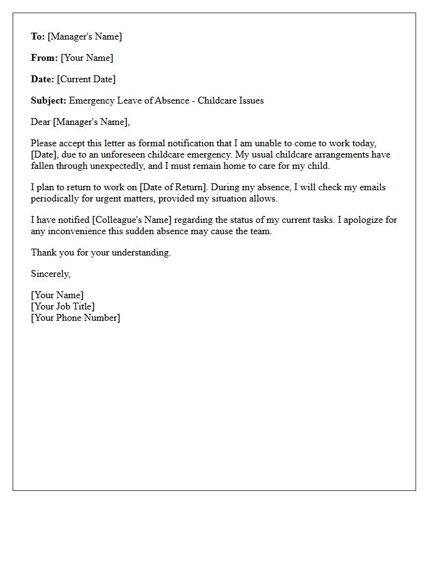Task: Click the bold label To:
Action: [38, 36]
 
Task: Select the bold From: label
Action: [44, 58]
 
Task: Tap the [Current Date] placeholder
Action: [86, 79]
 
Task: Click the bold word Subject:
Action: [48, 100]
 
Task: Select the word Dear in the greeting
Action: [41, 122]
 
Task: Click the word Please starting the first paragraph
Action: [45, 143]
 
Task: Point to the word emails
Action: [372, 187]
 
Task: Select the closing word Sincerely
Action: [50, 274]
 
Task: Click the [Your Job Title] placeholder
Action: [63, 306]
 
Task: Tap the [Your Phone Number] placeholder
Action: [75, 318]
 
